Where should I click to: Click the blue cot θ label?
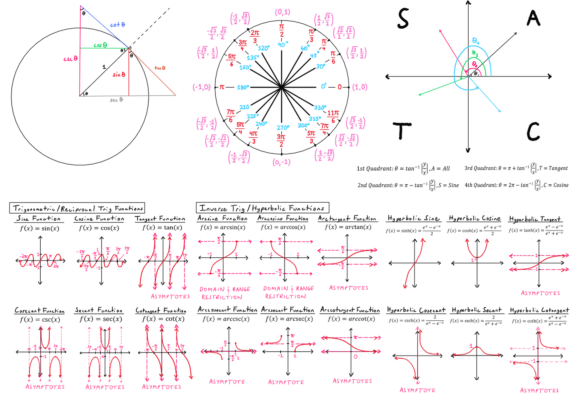[118, 25]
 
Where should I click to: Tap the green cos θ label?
[100, 45]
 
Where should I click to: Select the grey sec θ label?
[116, 100]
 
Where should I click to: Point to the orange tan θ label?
[160, 68]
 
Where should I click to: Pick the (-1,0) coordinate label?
[202, 87]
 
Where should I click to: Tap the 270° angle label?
[283, 127]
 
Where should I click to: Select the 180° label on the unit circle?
[243, 87]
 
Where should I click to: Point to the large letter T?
[402, 131]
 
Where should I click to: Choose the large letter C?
[533, 131]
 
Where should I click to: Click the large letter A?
[533, 18]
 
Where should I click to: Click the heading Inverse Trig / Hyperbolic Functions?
[262, 208]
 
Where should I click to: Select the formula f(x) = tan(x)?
[162, 228]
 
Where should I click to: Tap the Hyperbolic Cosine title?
[475, 218]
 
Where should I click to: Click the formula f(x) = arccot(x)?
[351, 319]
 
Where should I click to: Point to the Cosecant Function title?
[40, 311]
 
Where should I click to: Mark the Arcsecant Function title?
[287, 310]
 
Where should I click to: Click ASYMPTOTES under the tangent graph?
[170, 296]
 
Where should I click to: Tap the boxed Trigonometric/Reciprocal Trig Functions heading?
[77, 208]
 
